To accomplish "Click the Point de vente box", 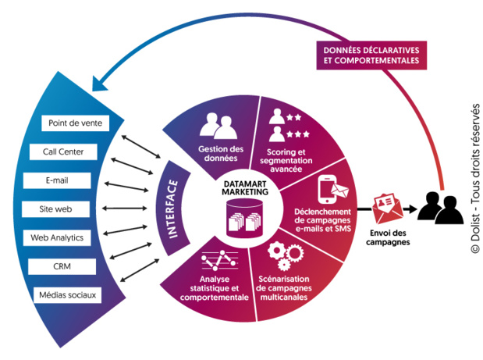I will pyautogui.click(x=74, y=123).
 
